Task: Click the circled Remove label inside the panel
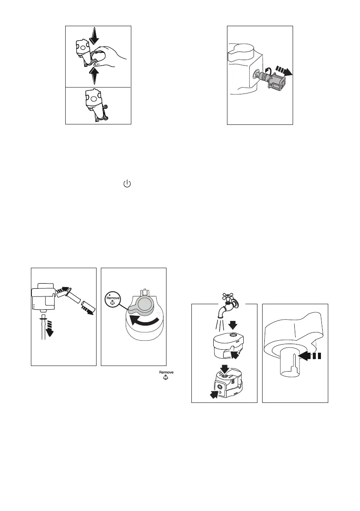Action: pyautogui.click(x=113, y=299)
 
